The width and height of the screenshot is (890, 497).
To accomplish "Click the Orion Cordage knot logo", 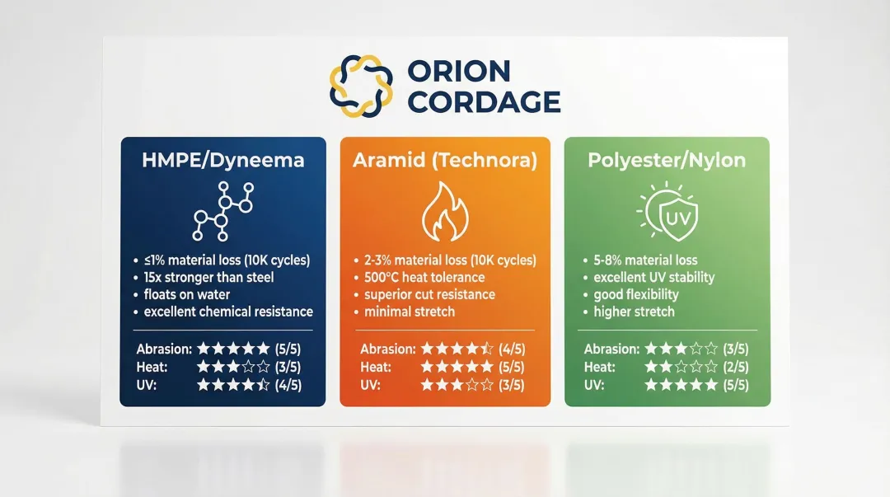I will (x=356, y=86).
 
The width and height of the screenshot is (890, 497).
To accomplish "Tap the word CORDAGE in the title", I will (x=485, y=102).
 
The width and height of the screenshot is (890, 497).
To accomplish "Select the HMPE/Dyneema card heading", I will (x=222, y=160).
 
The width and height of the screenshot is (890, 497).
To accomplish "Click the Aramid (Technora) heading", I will (x=445, y=160).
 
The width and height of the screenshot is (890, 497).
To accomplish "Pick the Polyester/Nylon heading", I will (x=667, y=160).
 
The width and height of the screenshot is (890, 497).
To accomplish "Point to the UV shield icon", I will (x=668, y=214).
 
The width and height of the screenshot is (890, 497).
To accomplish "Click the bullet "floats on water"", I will (x=187, y=294).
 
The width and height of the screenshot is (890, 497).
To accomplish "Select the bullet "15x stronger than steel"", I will (x=208, y=277).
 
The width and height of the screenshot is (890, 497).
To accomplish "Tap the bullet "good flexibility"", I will (x=636, y=294).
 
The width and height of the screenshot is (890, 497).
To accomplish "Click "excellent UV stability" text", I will (x=653, y=277).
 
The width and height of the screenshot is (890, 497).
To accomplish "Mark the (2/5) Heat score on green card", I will (x=735, y=367).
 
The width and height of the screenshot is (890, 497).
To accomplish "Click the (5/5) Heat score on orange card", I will (x=512, y=367).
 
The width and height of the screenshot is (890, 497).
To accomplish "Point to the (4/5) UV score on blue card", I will (x=288, y=384).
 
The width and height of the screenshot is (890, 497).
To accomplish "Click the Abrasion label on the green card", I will (x=610, y=349).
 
